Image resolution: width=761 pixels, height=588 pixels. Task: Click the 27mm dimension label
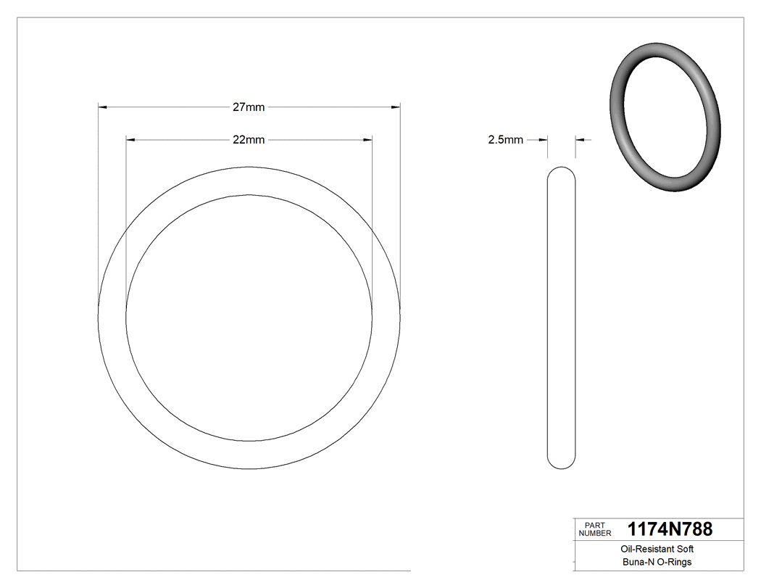pyautogui.click(x=249, y=107)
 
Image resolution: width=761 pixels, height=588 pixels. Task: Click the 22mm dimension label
pyautogui.click(x=249, y=139)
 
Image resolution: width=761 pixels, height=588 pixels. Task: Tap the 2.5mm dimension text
pyautogui.click(x=505, y=140)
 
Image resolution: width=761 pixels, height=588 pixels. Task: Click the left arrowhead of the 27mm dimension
pyautogui.click(x=103, y=107)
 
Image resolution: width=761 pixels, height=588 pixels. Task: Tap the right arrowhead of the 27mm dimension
pyautogui.click(x=396, y=107)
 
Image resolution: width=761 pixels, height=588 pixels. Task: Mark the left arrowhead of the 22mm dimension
pyautogui.click(x=131, y=139)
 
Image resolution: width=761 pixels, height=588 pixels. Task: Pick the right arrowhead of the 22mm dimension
pyautogui.click(x=367, y=139)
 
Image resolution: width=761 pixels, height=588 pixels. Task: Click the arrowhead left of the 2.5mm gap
pyautogui.click(x=543, y=140)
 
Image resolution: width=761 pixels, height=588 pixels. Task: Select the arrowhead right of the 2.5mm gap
pyautogui.click(x=580, y=140)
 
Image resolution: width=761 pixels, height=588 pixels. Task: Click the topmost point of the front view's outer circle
pyautogui.click(x=249, y=167)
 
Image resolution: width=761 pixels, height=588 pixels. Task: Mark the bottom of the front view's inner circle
pyautogui.click(x=249, y=441)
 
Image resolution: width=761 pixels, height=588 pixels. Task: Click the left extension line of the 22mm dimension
pyautogui.click(x=126, y=218)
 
